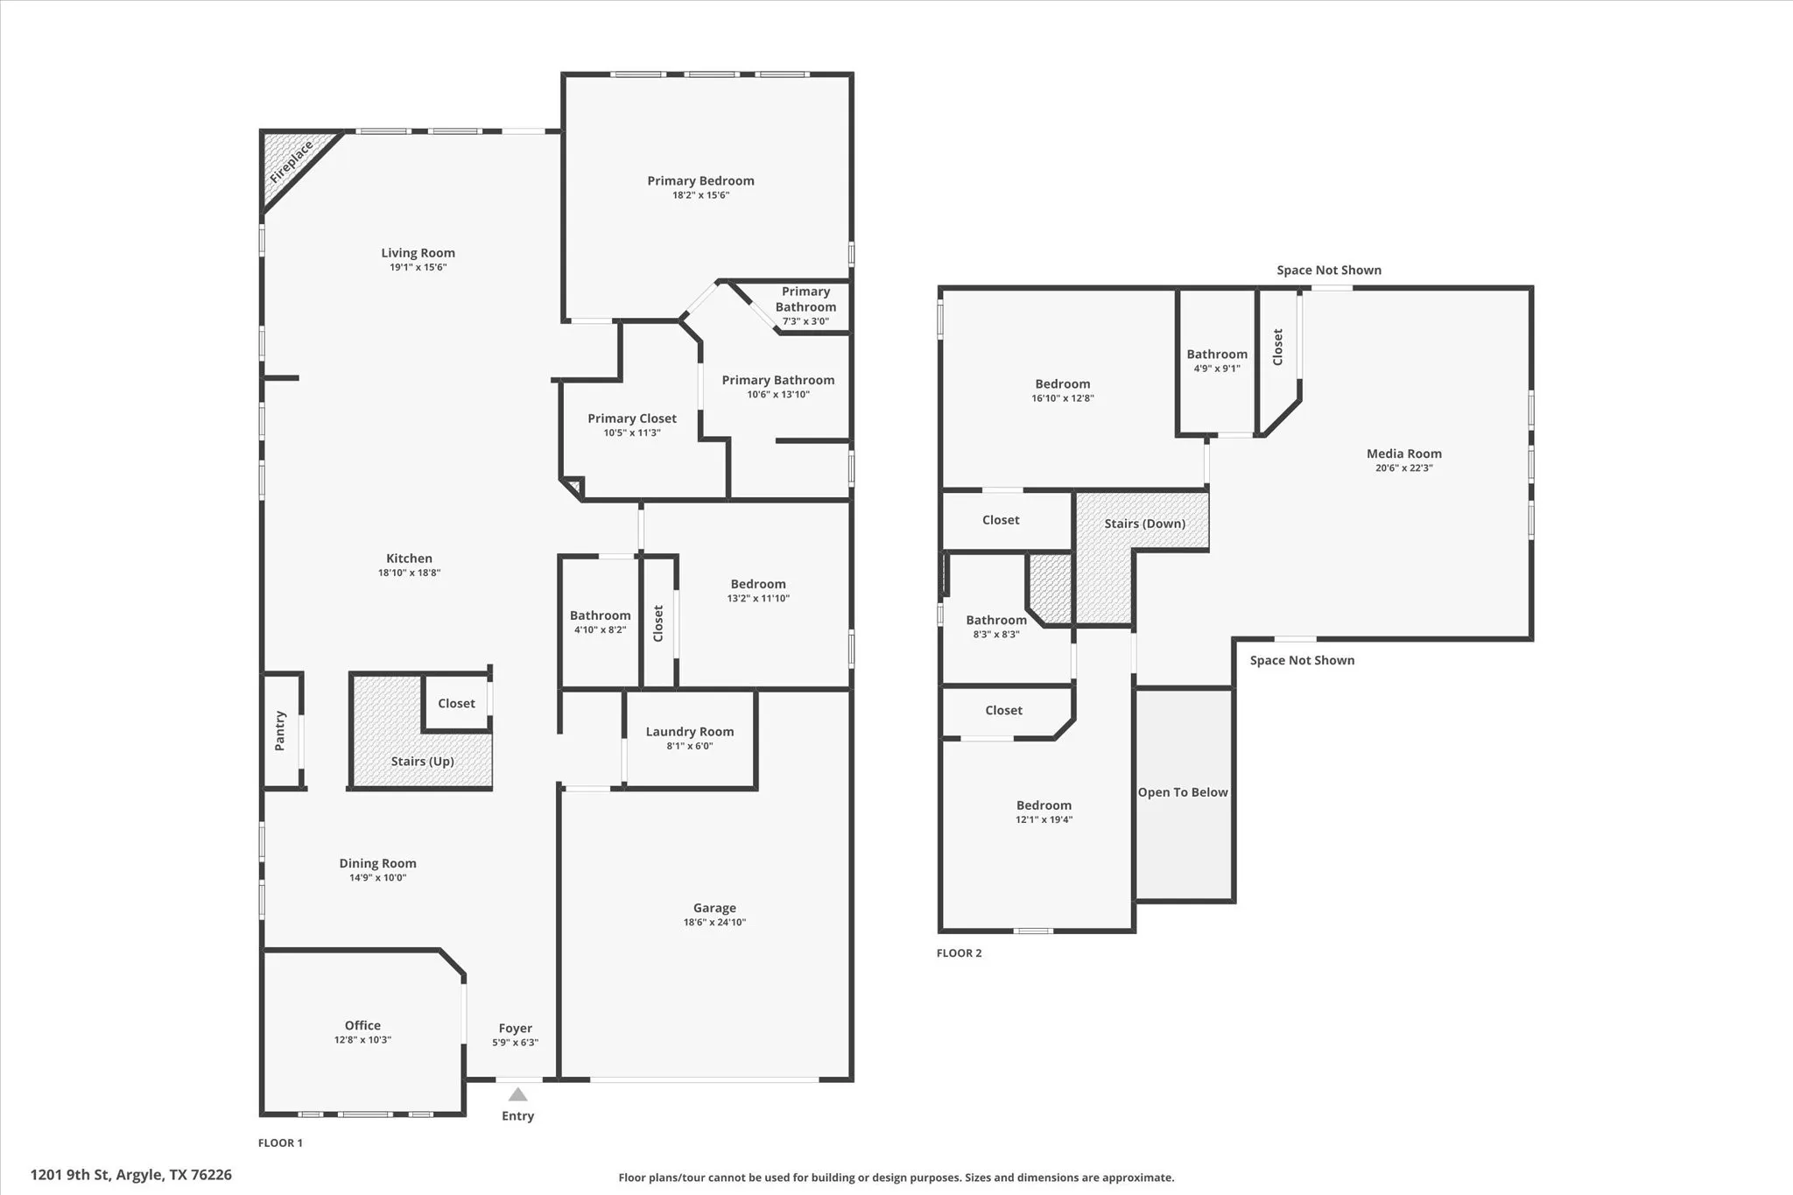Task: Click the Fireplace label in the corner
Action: click(x=291, y=162)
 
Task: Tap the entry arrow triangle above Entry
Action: click(x=517, y=1094)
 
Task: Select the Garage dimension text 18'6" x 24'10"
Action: click(x=714, y=923)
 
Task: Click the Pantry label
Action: click(x=280, y=730)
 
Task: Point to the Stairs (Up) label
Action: click(x=422, y=762)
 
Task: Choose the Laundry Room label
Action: click(x=690, y=732)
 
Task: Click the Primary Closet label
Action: click(x=632, y=418)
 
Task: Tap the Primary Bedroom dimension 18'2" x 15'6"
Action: click(x=700, y=195)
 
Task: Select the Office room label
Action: click(x=362, y=1025)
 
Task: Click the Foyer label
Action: click(x=515, y=1029)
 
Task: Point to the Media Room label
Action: click(x=1403, y=453)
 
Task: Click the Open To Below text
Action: click(x=1183, y=792)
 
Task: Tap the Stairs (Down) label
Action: click(x=1144, y=524)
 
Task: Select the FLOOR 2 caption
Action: click(x=959, y=953)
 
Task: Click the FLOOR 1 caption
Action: click(x=280, y=1142)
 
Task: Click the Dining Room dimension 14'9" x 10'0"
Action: click(x=377, y=878)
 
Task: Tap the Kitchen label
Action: click(x=409, y=559)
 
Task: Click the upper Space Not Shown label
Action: click(x=1328, y=271)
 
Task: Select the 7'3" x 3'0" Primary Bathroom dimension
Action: click(x=805, y=321)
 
